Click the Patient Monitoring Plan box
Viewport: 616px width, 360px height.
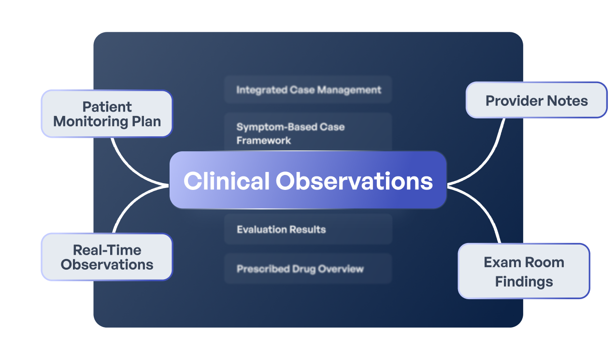106,114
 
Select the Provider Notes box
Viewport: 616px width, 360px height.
536,100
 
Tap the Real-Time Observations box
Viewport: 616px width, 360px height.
106,257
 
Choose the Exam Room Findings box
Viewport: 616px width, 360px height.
524,271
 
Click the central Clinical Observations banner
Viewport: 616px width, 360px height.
308,180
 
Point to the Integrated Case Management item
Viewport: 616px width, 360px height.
308,90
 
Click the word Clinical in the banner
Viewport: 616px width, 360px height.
226,181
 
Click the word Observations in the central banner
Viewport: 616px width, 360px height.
354,181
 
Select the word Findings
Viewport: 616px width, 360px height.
524,281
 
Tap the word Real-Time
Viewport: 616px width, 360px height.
107,250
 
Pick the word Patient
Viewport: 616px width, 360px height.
107,107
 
